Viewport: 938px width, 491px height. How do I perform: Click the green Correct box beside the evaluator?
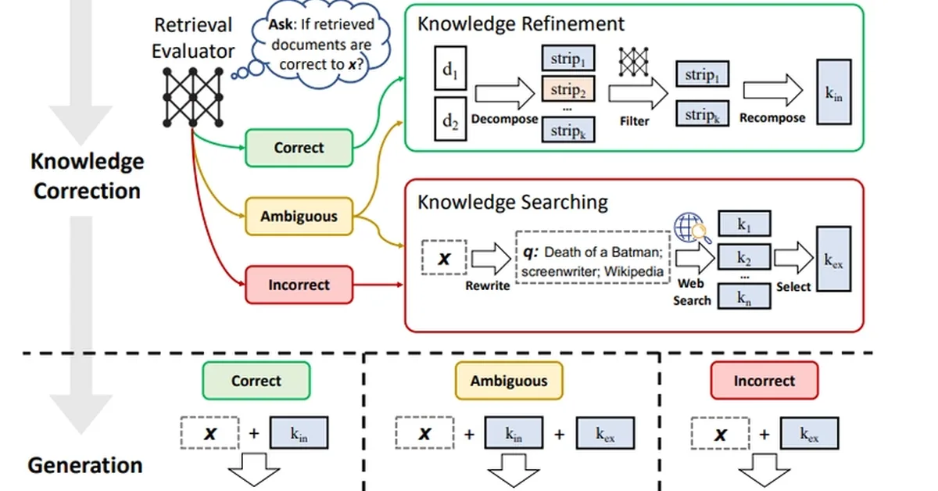point(299,148)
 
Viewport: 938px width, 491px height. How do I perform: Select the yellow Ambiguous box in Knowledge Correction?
point(299,216)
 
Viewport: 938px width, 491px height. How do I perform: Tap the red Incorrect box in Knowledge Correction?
point(299,285)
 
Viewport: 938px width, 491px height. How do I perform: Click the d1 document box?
point(450,71)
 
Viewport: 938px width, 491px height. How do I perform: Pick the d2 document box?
point(450,120)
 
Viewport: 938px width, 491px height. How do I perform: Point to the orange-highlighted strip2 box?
point(567,90)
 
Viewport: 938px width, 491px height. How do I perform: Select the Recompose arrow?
point(772,91)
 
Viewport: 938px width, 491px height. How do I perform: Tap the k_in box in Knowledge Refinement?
point(834,91)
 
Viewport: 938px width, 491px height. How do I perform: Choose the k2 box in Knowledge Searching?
point(744,258)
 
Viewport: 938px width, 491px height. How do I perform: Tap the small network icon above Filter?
point(634,63)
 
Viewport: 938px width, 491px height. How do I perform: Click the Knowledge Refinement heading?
point(521,23)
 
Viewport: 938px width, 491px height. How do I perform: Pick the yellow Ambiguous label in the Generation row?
point(509,382)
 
